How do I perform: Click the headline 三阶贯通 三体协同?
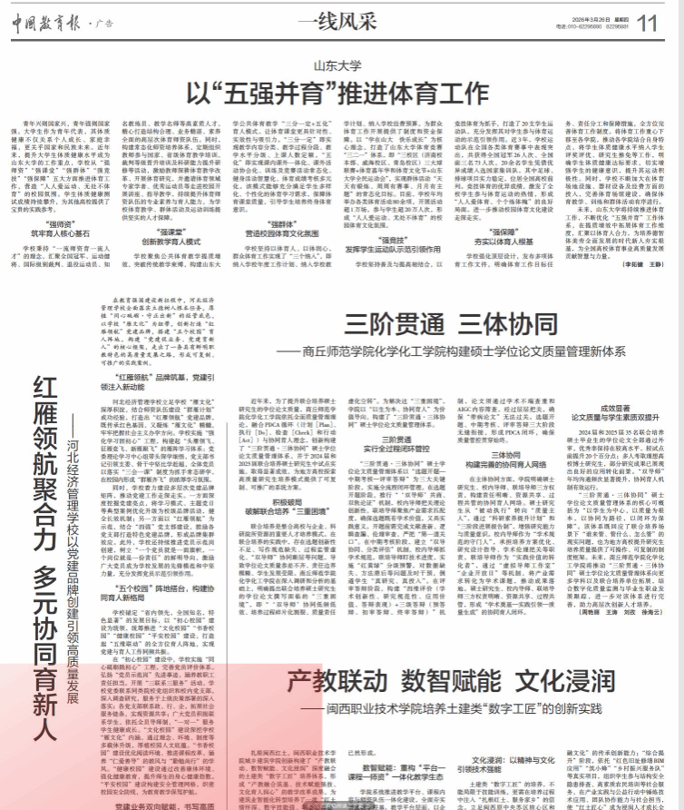tap(445, 324)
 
